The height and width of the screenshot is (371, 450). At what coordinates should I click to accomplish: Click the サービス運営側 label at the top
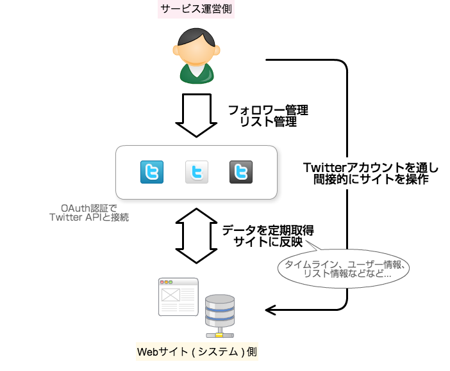197,10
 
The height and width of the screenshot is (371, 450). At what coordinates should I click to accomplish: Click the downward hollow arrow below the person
197,115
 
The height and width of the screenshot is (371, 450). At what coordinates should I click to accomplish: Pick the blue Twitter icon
152,173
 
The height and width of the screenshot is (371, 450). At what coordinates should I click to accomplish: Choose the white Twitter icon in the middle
197,173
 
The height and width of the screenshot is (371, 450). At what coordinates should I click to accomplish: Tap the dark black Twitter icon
241,173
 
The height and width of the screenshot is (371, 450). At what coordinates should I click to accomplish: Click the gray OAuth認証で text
89,208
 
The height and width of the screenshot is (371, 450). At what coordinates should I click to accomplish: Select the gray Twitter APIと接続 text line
89,217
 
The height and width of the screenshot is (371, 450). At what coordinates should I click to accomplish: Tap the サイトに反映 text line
268,242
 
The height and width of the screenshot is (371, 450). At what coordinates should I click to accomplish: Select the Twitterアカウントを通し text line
372,168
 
